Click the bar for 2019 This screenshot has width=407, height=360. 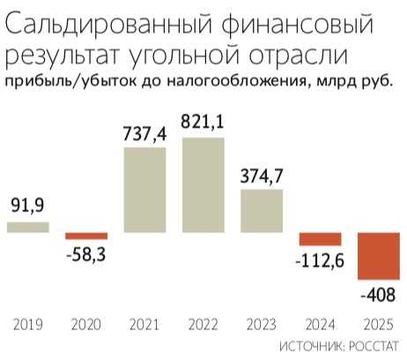coord(27,227)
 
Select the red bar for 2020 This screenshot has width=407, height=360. coord(86,236)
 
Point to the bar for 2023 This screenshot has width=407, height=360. coord(262,211)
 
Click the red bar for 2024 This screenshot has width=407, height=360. coord(320,239)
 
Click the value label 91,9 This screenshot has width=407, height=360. coord(27,208)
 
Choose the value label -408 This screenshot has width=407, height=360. coord(379,295)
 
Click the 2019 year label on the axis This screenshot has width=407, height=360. coord(27,323)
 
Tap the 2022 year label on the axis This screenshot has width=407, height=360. coord(203,323)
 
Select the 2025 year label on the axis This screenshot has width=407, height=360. coord(379,323)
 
